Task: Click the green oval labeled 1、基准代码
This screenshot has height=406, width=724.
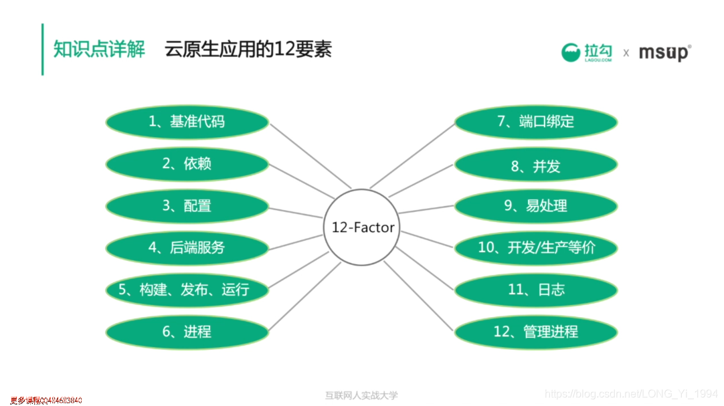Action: [187, 122]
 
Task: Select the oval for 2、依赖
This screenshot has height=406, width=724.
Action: [187, 164]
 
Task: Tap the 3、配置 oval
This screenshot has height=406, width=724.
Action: [187, 206]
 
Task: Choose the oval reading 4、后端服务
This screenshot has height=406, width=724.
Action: [187, 248]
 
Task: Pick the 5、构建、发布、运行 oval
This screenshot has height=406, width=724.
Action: [187, 290]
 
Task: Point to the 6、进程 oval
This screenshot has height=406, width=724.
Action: [187, 332]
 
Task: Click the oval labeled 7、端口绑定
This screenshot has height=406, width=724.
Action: [536, 122]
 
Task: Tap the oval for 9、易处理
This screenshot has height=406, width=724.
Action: [536, 206]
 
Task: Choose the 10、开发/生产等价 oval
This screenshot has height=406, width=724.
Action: [536, 248]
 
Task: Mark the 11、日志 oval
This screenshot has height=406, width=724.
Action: [536, 290]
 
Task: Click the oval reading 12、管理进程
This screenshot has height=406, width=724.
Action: [536, 332]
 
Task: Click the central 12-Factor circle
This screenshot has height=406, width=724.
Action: [363, 227]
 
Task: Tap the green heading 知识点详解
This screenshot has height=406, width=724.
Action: [99, 49]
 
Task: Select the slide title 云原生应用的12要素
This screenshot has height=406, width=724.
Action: [248, 49]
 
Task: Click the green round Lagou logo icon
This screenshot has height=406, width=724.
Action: [571, 52]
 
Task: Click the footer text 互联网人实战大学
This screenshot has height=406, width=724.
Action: [361, 395]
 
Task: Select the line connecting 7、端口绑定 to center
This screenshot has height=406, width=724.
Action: [412, 156]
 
